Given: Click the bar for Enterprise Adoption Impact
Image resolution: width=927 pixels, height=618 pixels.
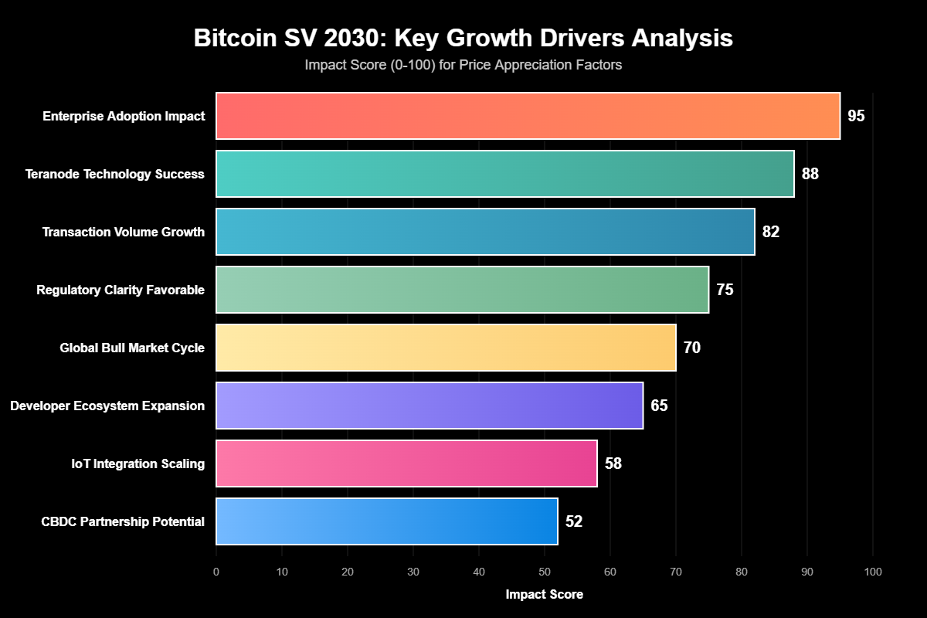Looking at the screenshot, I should pyautogui.click(x=528, y=116).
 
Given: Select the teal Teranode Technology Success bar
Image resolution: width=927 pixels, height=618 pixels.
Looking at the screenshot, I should pyautogui.click(x=504, y=174).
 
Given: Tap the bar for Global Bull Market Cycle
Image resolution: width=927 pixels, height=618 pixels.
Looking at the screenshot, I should pyautogui.click(x=446, y=348).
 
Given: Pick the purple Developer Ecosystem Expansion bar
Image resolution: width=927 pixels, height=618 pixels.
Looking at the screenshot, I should pyautogui.click(x=430, y=406).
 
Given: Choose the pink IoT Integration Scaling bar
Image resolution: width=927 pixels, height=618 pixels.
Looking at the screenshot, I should pyautogui.click(x=406, y=463).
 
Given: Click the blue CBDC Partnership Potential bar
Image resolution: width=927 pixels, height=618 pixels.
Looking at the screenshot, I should pyautogui.click(x=386, y=521).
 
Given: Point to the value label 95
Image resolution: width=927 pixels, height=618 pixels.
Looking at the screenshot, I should pyautogui.click(x=856, y=117).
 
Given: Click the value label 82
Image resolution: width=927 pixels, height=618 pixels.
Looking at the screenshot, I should pyautogui.click(x=771, y=233).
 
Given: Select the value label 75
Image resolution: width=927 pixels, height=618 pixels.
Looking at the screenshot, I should pyautogui.click(x=725, y=290).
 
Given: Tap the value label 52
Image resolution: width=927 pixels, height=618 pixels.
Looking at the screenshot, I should pyautogui.click(x=574, y=522).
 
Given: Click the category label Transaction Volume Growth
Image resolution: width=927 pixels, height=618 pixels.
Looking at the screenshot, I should pyautogui.click(x=124, y=233).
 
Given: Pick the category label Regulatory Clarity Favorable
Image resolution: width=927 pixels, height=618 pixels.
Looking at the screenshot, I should pyautogui.click(x=121, y=290).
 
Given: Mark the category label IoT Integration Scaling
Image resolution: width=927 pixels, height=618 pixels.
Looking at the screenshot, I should pyautogui.click(x=138, y=464).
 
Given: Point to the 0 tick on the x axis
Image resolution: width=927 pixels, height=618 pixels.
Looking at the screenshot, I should pyautogui.click(x=216, y=572).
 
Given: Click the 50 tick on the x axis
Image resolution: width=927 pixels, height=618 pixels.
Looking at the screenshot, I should pyautogui.click(x=545, y=572).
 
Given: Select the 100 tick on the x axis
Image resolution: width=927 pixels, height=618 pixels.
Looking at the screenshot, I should pyautogui.click(x=873, y=572).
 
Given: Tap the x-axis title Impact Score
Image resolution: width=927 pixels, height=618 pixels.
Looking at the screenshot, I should pyautogui.click(x=545, y=594).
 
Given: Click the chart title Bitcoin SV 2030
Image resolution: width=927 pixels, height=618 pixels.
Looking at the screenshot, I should pyautogui.click(x=463, y=39).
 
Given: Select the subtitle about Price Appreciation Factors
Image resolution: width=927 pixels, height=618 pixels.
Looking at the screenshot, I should pyautogui.click(x=463, y=66).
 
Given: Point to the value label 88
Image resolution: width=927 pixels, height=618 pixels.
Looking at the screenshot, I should pyautogui.click(x=810, y=175).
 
